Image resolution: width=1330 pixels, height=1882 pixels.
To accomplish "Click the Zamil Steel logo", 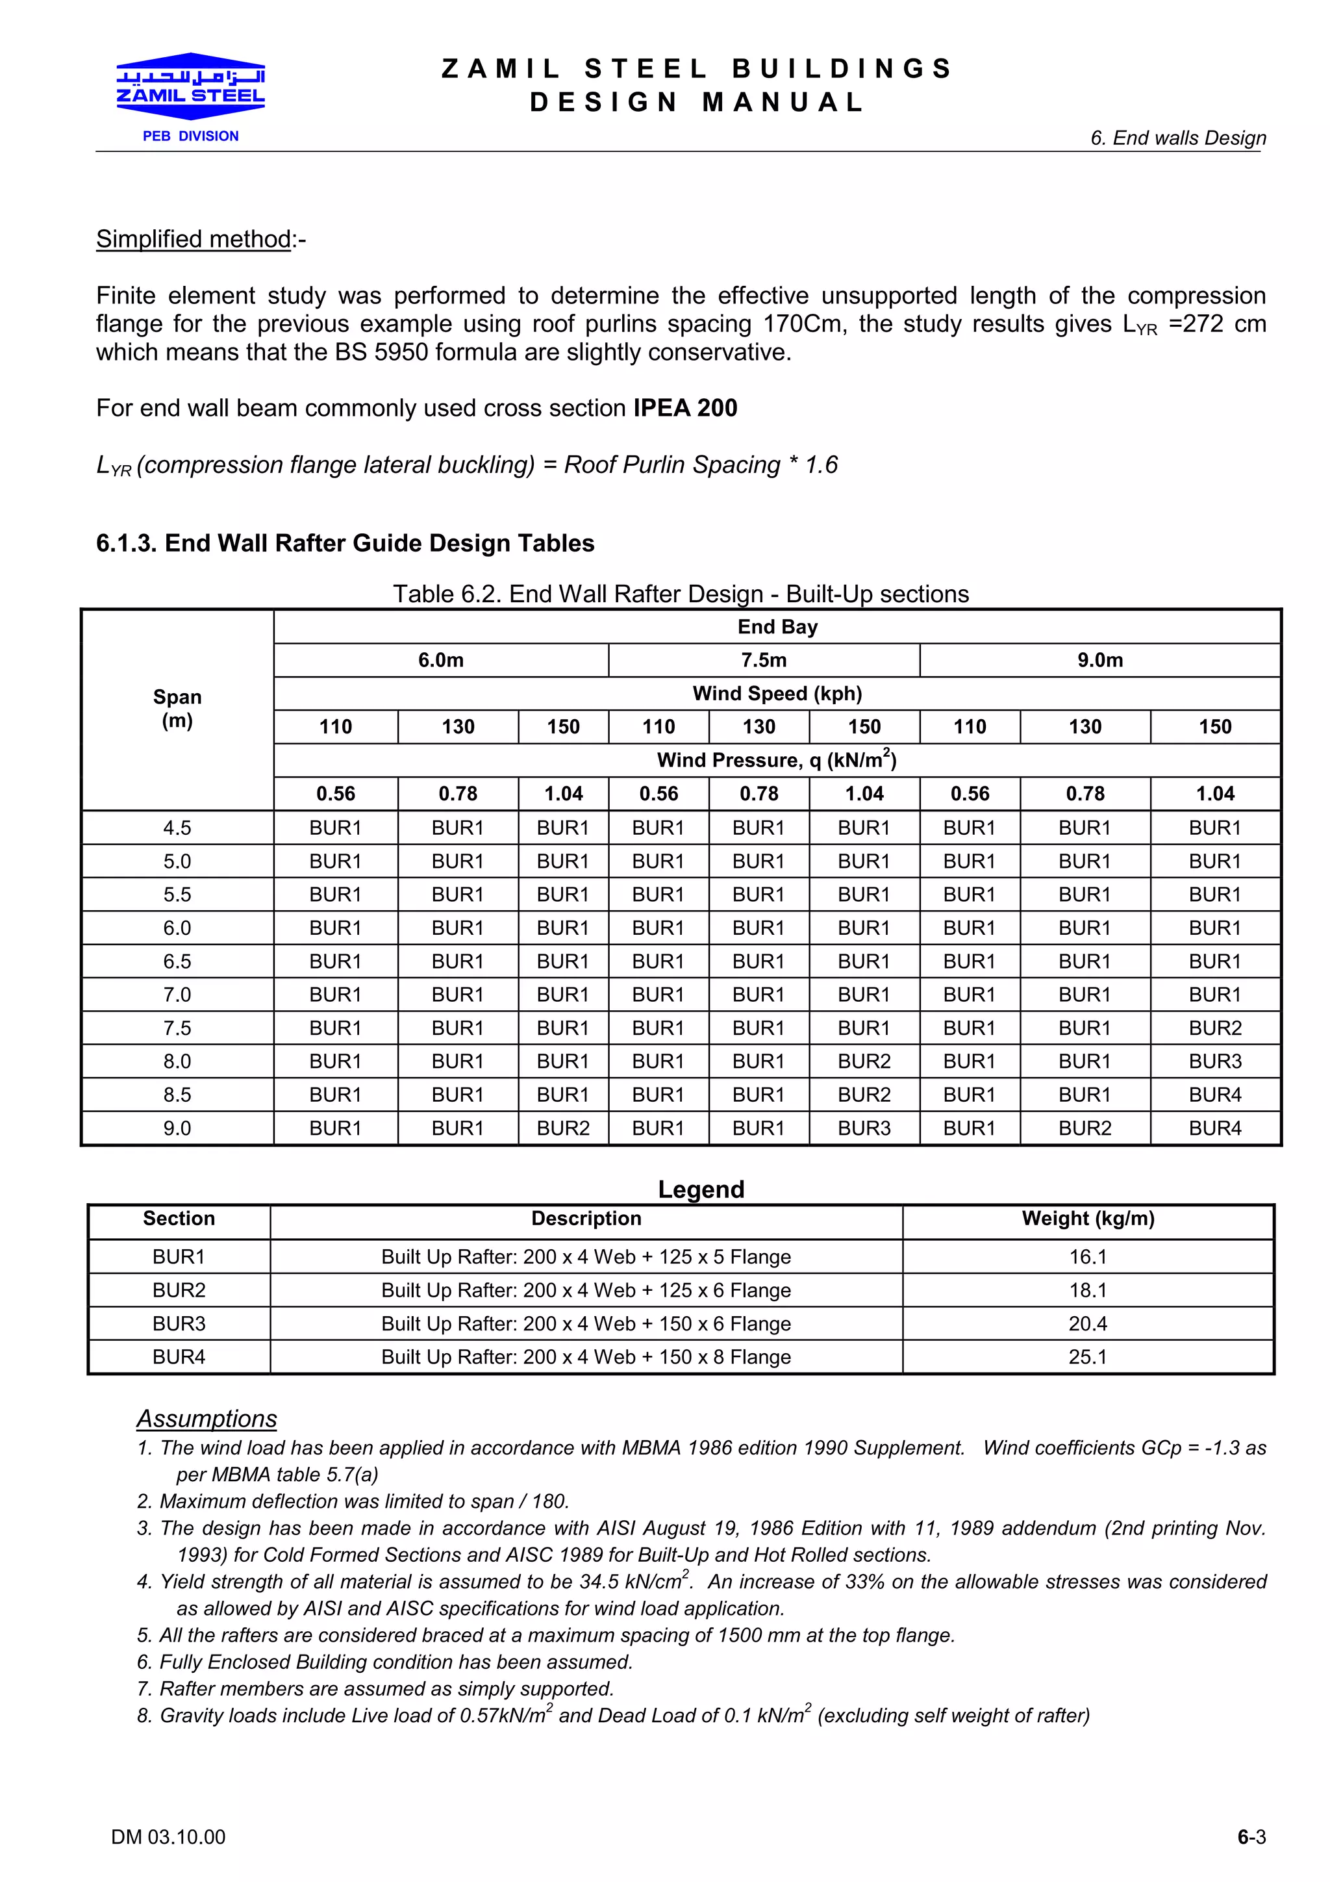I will click(190, 90).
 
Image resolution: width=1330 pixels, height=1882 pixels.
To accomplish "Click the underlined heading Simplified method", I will click(194, 239).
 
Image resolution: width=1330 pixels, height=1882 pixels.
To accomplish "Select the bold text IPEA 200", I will click(685, 408).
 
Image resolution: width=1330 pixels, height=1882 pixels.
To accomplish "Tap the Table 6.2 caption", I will click(680, 594).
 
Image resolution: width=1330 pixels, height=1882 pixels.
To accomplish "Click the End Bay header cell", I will click(777, 627).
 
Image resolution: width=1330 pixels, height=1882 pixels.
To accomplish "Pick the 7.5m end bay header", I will click(764, 661).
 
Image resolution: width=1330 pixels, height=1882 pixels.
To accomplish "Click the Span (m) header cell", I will click(177, 709).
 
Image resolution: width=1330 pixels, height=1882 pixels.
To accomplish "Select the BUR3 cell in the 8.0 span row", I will click(1214, 1062).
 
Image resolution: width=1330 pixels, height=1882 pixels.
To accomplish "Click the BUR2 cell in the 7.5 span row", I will click(1214, 1028).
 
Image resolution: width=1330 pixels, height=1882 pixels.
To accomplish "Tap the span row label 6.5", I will click(177, 961).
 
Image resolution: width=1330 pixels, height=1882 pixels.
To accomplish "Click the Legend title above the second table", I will click(701, 1189).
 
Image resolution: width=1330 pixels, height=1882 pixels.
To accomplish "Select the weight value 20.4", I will click(1087, 1324).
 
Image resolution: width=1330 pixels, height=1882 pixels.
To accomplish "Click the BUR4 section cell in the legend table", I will click(179, 1357).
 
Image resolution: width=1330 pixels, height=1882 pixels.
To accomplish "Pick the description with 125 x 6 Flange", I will click(586, 1290).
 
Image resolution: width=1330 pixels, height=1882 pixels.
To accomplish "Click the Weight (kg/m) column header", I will click(1087, 1219).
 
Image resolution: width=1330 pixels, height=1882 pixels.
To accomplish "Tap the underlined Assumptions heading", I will click(207, 1419).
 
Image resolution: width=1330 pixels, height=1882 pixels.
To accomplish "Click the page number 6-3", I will click(1251, 1837).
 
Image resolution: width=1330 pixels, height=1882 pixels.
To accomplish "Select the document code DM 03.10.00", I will click(168, 1837).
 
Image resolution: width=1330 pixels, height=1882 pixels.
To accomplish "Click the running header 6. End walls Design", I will click(1177, 138).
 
